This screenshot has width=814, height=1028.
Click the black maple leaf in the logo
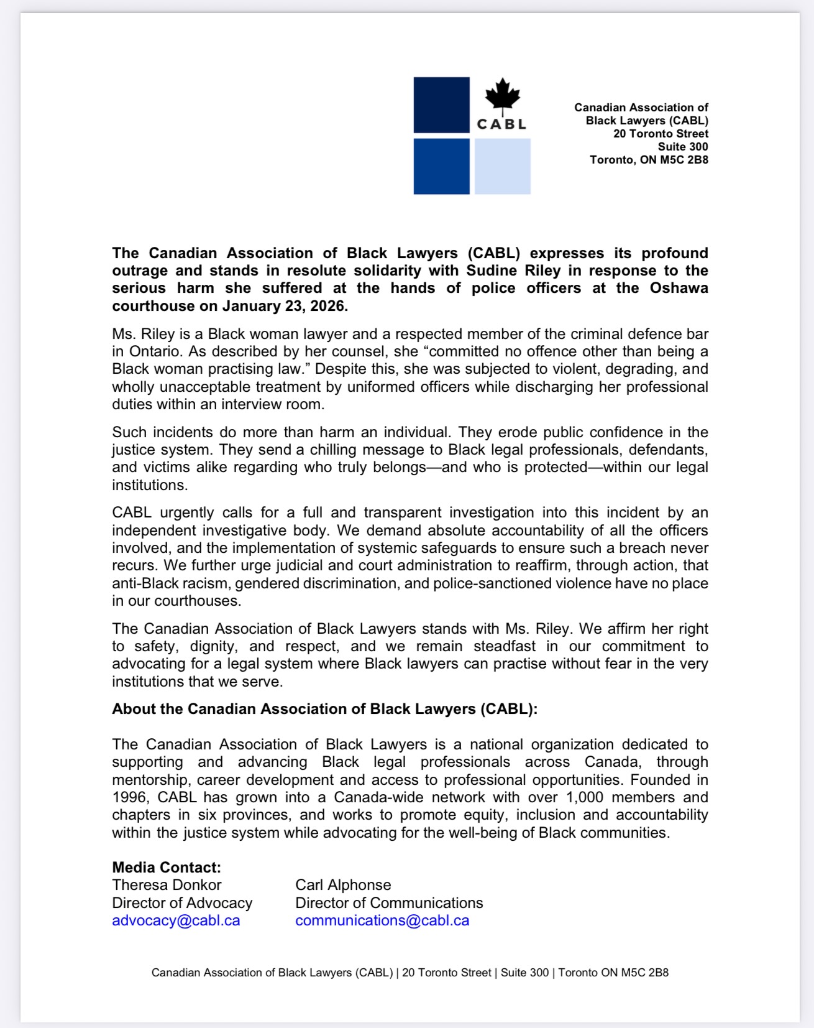point(502,96)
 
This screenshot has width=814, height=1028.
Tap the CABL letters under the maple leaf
point(501,124)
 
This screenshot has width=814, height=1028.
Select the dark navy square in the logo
point(442,104)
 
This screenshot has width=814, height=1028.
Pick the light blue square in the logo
point(503,167)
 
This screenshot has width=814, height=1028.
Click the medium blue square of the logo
point(442,167)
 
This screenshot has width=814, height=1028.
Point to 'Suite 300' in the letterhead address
point(683,147)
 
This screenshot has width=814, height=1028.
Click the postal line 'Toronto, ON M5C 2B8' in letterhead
point(649,160)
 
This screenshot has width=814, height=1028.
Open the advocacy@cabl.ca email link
point(176,920)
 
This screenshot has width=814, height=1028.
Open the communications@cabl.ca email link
point(382,920)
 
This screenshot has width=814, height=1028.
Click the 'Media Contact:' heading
point(167,868)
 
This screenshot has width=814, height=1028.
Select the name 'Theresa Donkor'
point(167,885)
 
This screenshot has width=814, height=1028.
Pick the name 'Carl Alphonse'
point(343,885)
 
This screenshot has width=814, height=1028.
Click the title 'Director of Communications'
point(389,903)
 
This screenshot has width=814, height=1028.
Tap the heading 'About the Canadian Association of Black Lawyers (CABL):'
point(324,709)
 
